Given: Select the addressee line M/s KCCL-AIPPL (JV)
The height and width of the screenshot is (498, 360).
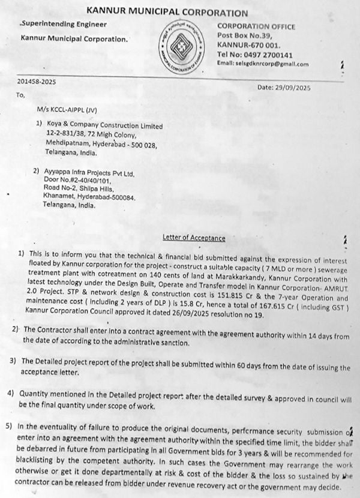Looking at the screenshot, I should (65, 110).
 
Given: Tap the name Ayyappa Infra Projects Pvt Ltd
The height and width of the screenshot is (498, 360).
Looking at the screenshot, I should (90, 173).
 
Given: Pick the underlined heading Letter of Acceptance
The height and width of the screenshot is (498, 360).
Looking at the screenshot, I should (194, 238).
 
